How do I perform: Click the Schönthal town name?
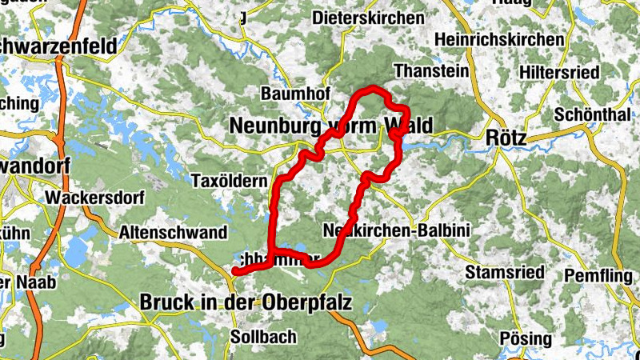[x=593, y=114]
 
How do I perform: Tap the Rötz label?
[x=506, y=138]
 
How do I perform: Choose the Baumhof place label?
[x=296, y=94]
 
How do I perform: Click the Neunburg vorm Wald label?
[x=330, y=126]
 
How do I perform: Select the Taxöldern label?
[x=230, y=182]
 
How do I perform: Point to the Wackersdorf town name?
[x=87, y=197]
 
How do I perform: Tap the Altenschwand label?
[x=173, y=232]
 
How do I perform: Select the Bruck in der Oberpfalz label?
[x=246, y=302]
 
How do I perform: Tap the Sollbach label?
[x=263, y=337]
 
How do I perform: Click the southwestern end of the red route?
[x=235, y=272]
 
